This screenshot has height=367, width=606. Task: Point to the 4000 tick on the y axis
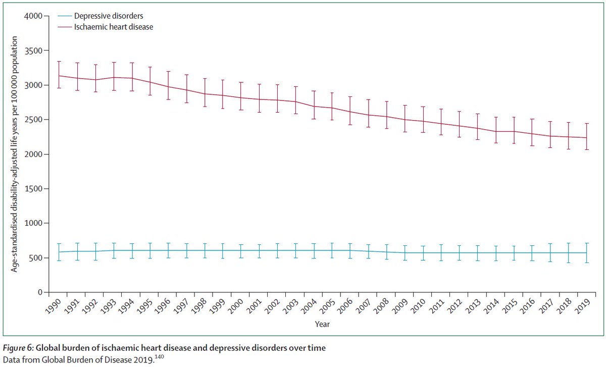point(34,16)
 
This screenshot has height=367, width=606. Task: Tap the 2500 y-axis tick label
point(34,120)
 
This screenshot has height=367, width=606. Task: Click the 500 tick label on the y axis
point(36,258)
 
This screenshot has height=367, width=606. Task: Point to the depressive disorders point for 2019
point(586,252)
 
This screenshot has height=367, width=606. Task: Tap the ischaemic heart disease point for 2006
point(351,112)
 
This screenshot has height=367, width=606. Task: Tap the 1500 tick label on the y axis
point(34,189)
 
